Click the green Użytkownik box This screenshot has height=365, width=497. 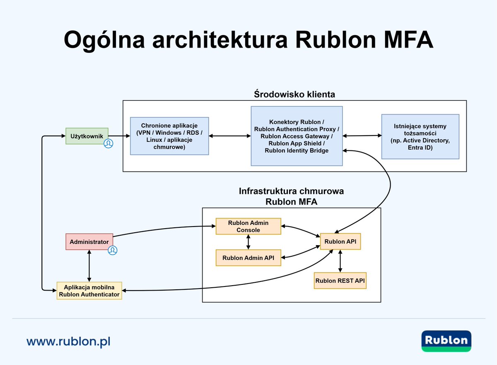(87, 136)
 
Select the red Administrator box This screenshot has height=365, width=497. (89, 242)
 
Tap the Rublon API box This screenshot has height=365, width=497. (340, 241)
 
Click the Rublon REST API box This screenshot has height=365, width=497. (340, 281)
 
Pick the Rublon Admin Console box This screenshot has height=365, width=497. (248, 226)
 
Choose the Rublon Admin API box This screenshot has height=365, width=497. (248, 258)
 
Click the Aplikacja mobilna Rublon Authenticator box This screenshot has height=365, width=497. (89, 291)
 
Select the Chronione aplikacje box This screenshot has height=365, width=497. (169, 136)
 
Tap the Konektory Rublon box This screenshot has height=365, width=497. (297, 136)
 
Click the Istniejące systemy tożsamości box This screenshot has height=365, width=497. (420, 136)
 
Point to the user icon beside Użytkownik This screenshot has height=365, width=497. (109, 143)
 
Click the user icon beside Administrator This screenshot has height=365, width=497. (112, 250)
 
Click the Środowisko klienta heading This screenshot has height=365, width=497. (294, 94)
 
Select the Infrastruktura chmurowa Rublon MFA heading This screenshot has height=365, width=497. (291, 197)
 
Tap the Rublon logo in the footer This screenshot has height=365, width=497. (446, 341)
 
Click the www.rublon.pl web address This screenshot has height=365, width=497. (68, 341)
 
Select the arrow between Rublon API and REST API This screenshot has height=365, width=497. (340, 261)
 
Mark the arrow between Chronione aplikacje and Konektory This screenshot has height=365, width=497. (230, 136)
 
